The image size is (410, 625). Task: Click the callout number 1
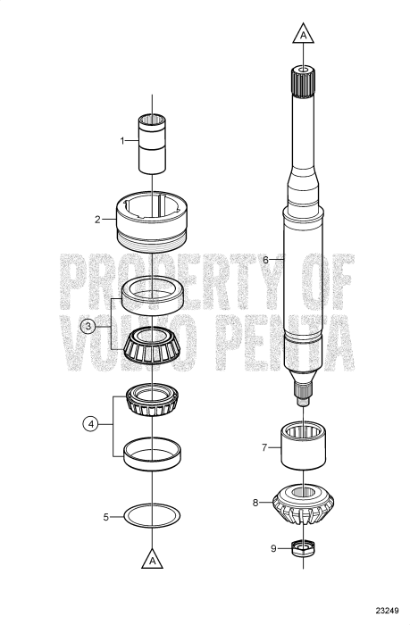(x=123, y=140)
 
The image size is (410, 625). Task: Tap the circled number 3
(x=87, y=326)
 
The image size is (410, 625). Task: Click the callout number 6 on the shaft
(x=265, y=259)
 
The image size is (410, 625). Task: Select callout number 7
(x=264, y=446)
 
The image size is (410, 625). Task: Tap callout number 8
(x=255, y=503)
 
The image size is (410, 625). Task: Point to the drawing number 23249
(x=385, y=612)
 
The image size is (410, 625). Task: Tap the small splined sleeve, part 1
(x=153, y=144)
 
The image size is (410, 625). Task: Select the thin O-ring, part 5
(x=153, y=516)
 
